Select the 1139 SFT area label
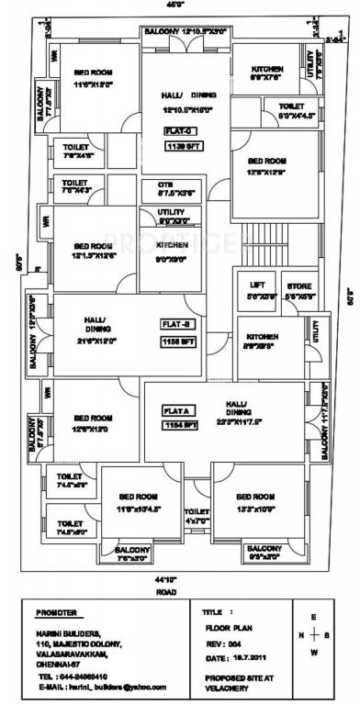click(x=183, y=145)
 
